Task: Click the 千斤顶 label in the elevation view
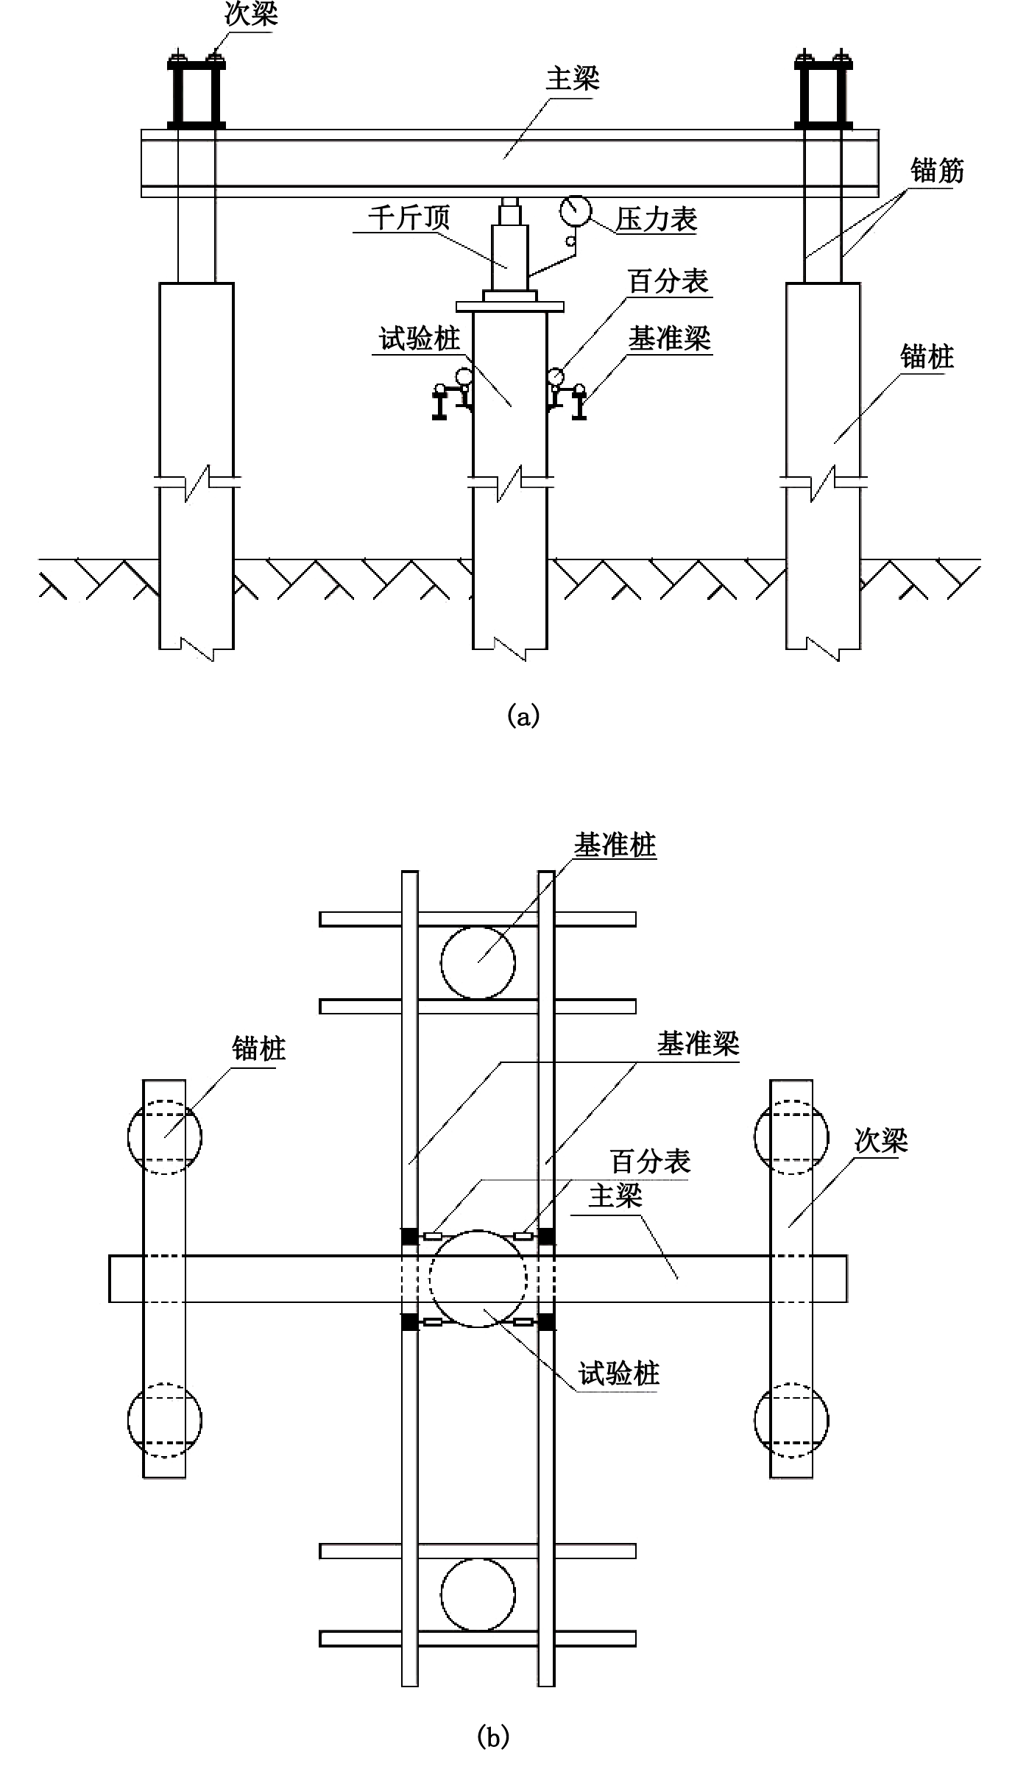[x=409, y=218]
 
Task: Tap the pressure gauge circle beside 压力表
[x=575, y=210]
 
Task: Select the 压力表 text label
[x=657, y=219]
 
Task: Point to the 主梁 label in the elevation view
[x=573, y=79]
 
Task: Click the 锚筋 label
[x=937, y=171]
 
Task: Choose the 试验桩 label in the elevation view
[x=419, y=339]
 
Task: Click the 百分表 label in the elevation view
[x=668, y=281]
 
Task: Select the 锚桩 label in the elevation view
[x=927, y=357]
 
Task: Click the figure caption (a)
[x=523, y=716]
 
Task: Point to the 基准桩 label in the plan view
[x=615, y=846]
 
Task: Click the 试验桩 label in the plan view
[x=619, y=1374]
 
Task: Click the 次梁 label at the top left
[x=251, y=15]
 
